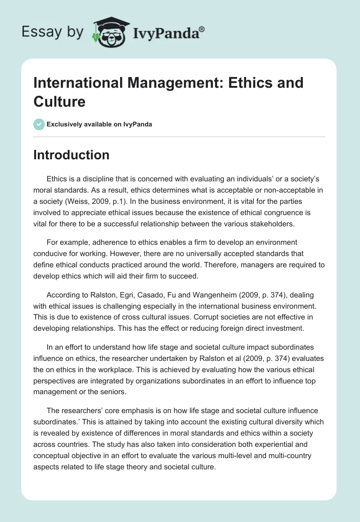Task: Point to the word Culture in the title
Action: click(x=59, y=101)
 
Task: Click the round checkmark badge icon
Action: click(x=39, y=124)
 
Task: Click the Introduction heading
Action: click(x=72, y=155)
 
